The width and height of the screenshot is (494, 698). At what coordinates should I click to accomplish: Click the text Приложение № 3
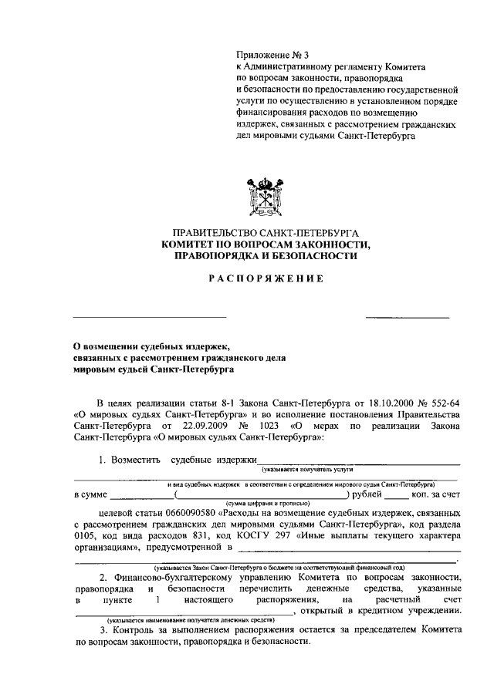272,55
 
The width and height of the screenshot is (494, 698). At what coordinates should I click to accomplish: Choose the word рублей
367,493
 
